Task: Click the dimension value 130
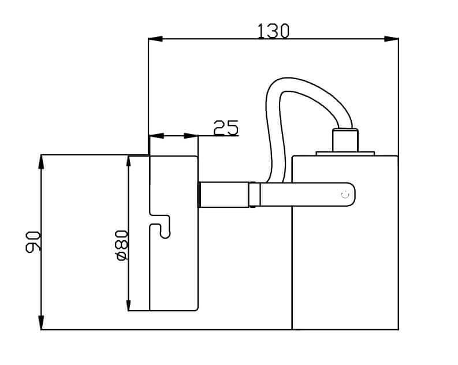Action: [273, 31]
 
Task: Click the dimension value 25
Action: [226, 128]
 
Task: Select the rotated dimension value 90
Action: [32, 241]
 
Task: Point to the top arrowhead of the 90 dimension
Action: [42, 162]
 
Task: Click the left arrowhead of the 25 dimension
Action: [157, 136]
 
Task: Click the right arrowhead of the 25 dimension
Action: [191, 136]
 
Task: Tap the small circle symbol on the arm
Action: [345, 195]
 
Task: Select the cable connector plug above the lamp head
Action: [345, 140]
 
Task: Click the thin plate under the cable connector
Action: [345, 154]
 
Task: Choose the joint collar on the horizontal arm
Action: [254, 194]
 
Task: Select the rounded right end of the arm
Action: [350, 195]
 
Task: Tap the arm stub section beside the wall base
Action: [224, 194]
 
